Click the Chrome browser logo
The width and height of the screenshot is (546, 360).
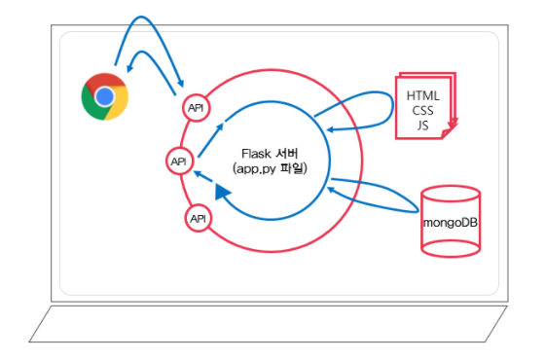[105, 96]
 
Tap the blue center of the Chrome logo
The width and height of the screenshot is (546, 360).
[105, 96]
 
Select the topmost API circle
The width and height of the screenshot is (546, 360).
[196, 108]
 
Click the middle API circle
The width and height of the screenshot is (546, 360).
[179, 162]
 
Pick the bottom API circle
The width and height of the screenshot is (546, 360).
[199, 219]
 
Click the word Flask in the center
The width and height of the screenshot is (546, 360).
[256, 154]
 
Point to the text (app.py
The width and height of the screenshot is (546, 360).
[254, 169]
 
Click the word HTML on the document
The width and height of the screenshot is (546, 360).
[422, 95]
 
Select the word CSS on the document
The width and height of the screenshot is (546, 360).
[422, 111]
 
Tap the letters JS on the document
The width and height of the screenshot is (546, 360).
[422, 126]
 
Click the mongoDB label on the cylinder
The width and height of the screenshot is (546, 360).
[451, 223]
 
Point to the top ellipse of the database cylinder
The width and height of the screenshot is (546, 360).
[451, 194]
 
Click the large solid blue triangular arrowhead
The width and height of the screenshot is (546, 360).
[222, 192]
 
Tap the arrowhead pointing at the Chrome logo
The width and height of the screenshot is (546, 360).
[129, 68]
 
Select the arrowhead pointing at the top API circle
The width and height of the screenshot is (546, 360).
[180, 84]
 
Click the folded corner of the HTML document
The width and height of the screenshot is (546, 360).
[447, 133]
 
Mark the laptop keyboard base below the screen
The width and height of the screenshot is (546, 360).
[268, 324]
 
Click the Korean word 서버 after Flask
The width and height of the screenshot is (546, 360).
[287, 154]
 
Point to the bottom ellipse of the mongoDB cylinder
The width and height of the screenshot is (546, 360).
[451, 248]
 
